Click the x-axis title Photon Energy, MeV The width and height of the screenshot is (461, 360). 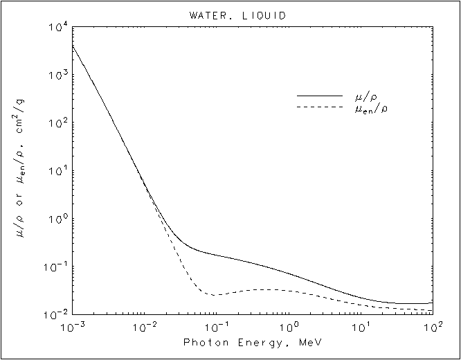252,342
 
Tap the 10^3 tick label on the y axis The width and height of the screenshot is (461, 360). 57,77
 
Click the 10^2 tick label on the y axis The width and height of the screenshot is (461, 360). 57,125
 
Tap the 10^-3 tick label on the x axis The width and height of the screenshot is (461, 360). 71,326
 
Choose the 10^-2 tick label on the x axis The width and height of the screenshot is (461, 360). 144,326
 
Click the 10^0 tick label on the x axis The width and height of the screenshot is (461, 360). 290,326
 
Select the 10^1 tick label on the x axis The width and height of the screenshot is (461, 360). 362,326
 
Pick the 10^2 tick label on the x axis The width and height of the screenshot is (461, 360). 433,326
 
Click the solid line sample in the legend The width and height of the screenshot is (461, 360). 320,95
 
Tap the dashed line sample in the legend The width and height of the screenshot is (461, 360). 320,107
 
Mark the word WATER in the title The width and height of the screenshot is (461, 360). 206,15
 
